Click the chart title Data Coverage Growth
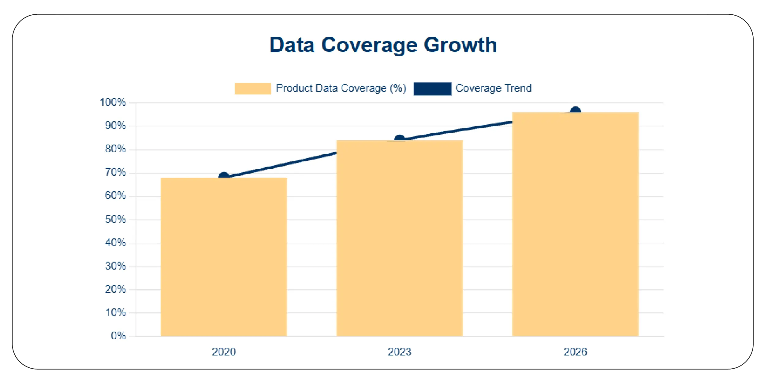(383, 45)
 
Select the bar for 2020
(224, 257)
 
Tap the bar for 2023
(400, 238)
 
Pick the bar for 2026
(575, 225)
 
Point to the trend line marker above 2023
(400, 139)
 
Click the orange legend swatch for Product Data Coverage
(253, 89)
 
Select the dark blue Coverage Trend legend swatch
(432, 89)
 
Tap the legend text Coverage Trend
(493, 88)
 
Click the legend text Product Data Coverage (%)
(341, 88)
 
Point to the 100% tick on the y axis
(113, 102)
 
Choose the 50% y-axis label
(115, 219)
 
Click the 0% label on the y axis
(118, 336)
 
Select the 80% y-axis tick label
(115, 149)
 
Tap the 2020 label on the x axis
(224, 352)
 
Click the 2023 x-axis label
(400, 352)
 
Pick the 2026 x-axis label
(575, 352)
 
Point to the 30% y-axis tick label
(115, 266)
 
